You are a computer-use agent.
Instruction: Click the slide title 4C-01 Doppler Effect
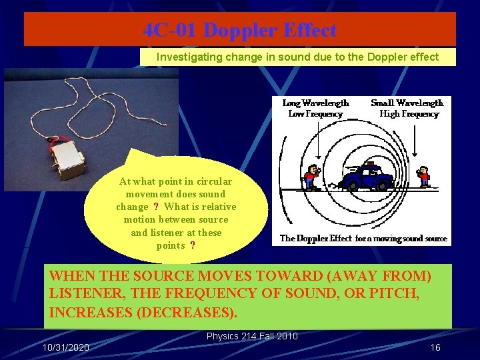click(x=239, y=30)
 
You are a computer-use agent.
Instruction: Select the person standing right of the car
click(x=424, y=177)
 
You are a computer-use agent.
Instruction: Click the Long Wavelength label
click(x=315, y=103)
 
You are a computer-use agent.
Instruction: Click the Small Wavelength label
click(x=407, y=103)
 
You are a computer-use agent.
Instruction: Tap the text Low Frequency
click(x=315, y=114)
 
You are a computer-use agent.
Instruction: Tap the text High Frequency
click(x=409, y=114)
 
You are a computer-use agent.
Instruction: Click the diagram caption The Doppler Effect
click(x=316, y=238)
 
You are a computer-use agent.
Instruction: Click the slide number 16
click(x=435, y=348)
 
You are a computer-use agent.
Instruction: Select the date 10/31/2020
click(x=66, y=348)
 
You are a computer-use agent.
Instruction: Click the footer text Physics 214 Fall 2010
click(x=252, y=336)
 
